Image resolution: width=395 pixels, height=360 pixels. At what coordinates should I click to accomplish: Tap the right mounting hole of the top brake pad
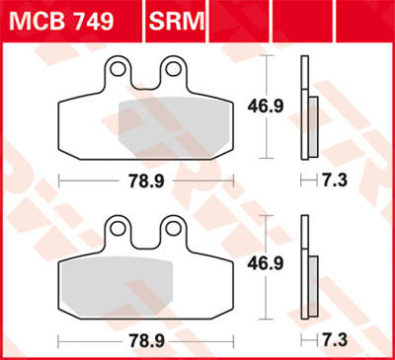point(175,69)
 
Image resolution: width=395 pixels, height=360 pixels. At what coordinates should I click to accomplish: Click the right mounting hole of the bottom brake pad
point(175,226)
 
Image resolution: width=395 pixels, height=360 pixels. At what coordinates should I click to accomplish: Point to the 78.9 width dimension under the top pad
point(145,180)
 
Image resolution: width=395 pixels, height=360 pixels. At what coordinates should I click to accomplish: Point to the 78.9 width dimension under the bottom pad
point(145,339)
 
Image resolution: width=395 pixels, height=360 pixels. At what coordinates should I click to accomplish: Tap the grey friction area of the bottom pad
point(118,281)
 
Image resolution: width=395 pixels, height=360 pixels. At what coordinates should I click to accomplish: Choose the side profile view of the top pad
point(307,108)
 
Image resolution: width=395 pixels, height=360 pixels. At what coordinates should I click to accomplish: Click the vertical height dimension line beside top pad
point(271,133)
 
